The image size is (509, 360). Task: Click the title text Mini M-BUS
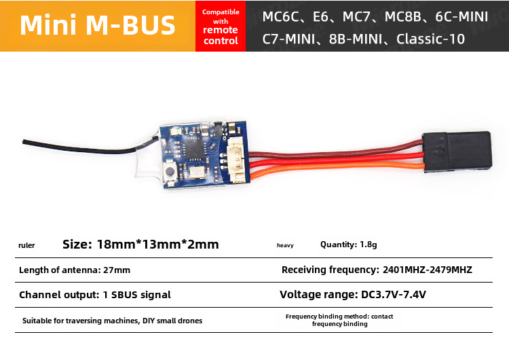[98, 25]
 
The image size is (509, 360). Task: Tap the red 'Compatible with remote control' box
[221, 26]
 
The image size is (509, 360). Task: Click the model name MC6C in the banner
[274, 16]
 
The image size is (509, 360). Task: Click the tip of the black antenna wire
[24, 142]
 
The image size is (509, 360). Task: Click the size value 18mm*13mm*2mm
[158, 245]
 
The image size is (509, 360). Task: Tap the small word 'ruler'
[26, 245]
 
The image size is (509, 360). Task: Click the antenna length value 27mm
[116, 270]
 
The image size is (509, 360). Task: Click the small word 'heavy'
[285, 245]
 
